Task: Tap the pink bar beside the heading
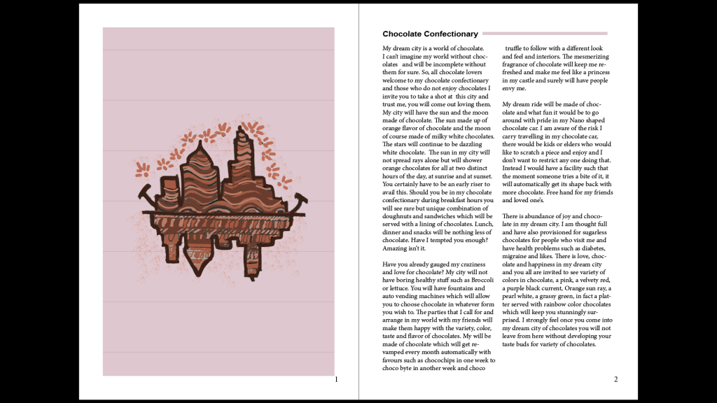pyautogui.click(x=545, y=33)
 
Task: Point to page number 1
pyautogui.click(x=336, y=380)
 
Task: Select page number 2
pyautogui.click(x=615, y=380)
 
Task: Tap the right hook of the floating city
pyautogui.click(x=301, y=199)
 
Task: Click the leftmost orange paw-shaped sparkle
pyautogui.click(x=143, y=168)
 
